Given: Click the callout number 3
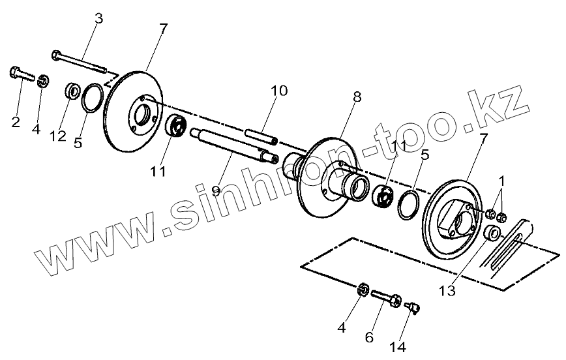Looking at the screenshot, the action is click(98, 18).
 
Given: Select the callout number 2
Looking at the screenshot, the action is click(16, 121).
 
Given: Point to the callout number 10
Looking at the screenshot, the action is click(278, 91).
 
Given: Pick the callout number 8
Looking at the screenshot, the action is click(357, 97).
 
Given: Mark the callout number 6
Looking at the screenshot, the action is click(368, 337).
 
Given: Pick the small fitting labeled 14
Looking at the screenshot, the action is click(412, 305).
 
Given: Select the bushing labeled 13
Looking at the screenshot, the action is click(492, 232).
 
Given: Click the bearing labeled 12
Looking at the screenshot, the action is click(72, 90).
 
